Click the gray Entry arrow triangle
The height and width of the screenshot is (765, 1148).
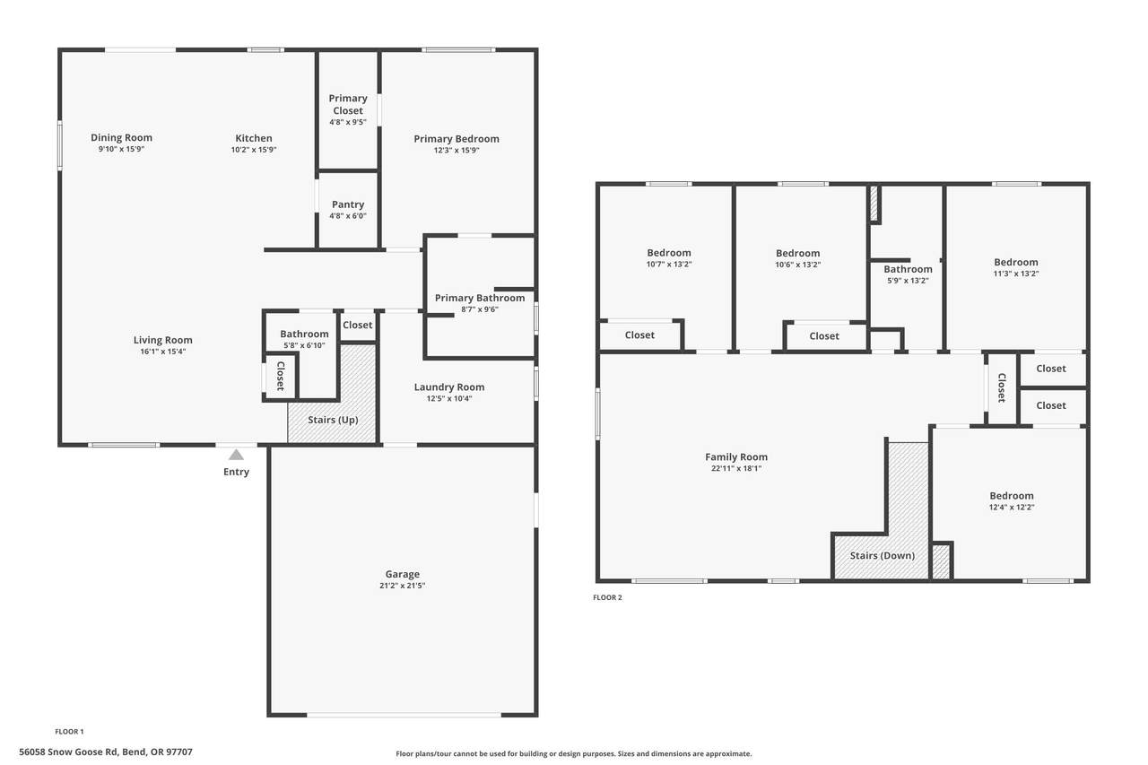(236, 455)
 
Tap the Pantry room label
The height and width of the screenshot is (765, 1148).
(348, 204)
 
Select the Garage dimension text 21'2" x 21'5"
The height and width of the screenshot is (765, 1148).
(403, 586)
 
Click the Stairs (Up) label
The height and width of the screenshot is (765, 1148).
(333, 420)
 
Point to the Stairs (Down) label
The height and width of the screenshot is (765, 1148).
(882, 555)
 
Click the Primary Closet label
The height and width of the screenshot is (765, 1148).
(348, 104)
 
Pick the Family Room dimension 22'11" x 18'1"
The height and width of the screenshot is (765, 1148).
(736, 468)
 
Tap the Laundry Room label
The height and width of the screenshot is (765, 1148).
(449, 387)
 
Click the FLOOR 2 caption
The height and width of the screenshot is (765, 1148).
(607, 597)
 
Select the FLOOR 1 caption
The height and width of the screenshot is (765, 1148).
(69, 732)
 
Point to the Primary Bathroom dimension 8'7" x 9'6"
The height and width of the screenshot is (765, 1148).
(480, 309)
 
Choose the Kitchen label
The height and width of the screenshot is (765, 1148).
(254, 138)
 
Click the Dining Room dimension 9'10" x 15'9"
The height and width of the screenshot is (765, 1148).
(121, 149)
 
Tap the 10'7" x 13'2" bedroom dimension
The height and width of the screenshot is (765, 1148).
(669, 265)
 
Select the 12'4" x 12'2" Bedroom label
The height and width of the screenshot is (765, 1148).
(1011, 496)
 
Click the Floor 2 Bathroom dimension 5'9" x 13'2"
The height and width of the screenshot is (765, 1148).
(908, 281)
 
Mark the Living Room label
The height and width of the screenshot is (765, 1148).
(163, 340)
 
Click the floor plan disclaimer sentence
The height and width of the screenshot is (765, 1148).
(573, 753)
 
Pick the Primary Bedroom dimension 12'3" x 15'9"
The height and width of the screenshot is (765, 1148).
(457, 150)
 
